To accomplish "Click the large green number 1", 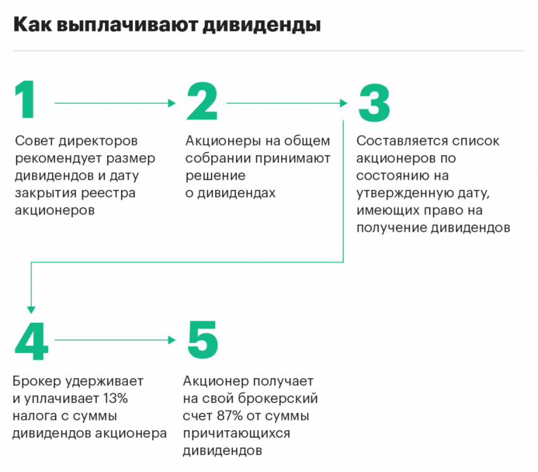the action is [x=25, y=100].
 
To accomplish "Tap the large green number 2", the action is [x=202, y=101].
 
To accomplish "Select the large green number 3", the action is [x=374, y=102].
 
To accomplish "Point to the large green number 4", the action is [x=31, y=340].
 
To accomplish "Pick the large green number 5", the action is [x=203, y=340].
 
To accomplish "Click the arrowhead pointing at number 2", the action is [x=172, y=103].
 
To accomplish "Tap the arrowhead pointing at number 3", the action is [x=344, y=103].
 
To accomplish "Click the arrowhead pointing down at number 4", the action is [x=31, y=310].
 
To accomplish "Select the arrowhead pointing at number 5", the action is [x=172, y=340].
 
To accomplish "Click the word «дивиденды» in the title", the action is [x=261, y=25].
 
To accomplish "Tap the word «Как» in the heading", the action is [x=33, y=24].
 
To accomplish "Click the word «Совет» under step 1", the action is [x=35, y=140].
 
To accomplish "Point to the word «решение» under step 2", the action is [x=215, y=176].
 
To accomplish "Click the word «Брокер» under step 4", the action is [x=37, y=382].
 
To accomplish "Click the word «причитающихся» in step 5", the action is [x=237, y=433].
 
